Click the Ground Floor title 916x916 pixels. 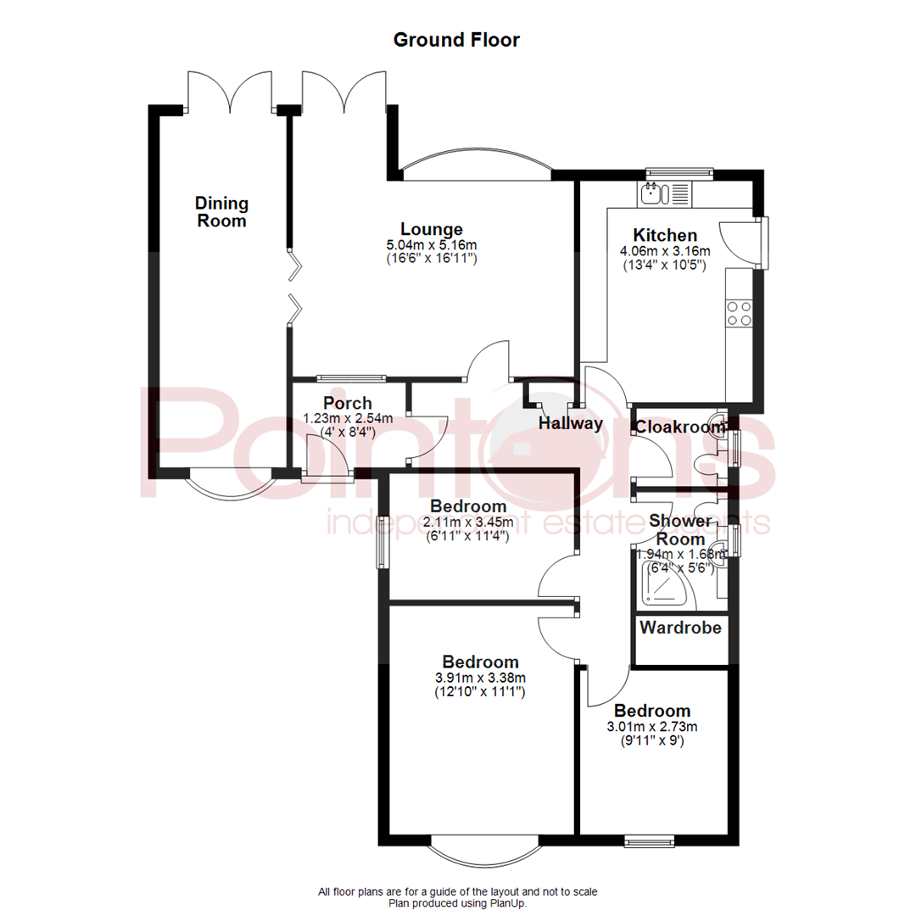click(456, 40)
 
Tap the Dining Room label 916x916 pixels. click(221, 212)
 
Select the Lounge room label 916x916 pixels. click(432, 229)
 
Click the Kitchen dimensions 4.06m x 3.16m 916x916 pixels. click(666, 251)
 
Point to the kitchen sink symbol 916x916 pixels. click(651, 194)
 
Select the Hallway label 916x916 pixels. click(572, 423)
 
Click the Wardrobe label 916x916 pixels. click(681, 628)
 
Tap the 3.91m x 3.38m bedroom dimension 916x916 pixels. click(481, 678)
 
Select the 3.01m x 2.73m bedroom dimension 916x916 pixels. click(652, 726)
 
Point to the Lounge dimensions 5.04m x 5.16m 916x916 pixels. click(432, 245)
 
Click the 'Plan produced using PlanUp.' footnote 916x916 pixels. click(458, 904)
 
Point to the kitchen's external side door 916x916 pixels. click(740, 241)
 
